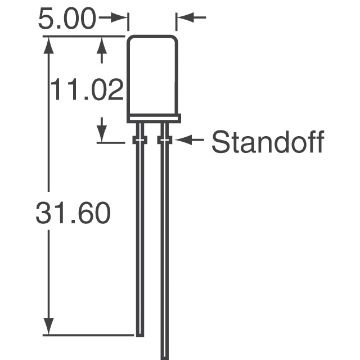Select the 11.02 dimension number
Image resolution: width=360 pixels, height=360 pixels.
coord(87,89)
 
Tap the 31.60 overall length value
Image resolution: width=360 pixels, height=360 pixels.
coord(73,214)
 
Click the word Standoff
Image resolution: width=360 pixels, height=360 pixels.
coord(268,142)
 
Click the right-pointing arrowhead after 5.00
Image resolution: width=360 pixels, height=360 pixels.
coord(119,18)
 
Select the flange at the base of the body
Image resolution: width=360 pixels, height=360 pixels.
coord(153,118)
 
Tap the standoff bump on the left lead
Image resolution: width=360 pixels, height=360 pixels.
coord(139,140)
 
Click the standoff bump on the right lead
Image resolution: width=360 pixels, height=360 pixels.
coord(164,140)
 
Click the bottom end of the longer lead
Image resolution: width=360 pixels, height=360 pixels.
coord(164,356)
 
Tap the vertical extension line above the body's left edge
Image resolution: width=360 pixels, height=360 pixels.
coord(128,22)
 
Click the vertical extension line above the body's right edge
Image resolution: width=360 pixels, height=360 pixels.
coord(176,22)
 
